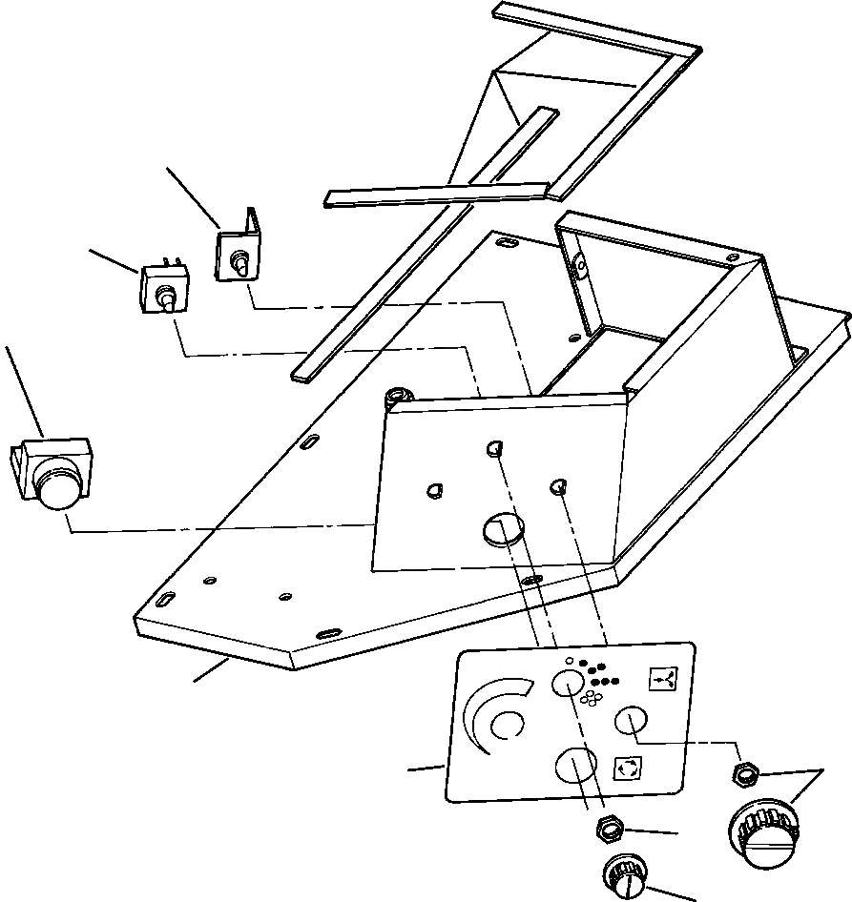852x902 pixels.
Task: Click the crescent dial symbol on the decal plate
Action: tap(497, 715)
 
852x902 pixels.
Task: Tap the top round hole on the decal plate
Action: tap(569, 682)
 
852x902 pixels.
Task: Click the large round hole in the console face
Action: tap(505, 527)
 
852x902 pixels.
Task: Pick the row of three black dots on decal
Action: tap(605, 681)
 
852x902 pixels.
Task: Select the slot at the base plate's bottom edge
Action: tap(330, 633)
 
